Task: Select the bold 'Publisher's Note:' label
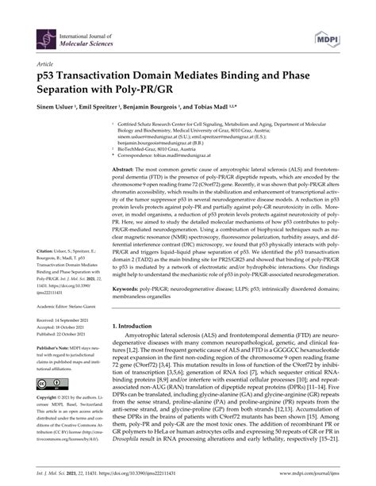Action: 52,369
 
